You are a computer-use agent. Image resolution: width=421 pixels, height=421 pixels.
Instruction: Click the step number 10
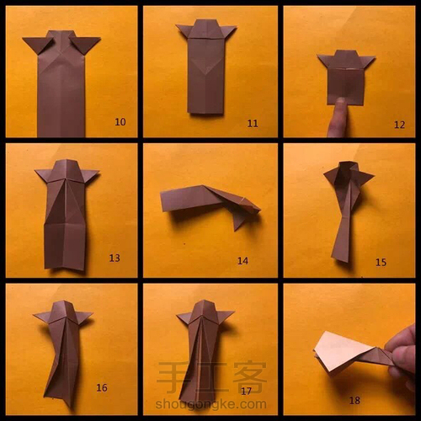(120, 122)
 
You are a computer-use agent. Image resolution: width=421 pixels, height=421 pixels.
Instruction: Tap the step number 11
(253, 124)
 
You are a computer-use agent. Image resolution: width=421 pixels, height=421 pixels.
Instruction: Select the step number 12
(399, 125)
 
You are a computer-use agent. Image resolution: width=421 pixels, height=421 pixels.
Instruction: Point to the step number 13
(115, 258)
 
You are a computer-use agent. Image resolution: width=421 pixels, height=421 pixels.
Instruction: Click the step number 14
(242, 261)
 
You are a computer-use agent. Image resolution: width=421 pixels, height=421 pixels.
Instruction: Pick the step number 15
(381, 263)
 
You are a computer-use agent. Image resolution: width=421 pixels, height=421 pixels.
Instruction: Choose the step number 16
(102, 388)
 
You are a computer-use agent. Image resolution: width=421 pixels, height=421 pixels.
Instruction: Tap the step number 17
(246, 391)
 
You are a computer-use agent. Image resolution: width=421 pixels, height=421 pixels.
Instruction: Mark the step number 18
(354, 401)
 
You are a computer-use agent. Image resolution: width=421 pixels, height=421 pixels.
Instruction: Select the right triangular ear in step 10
(85, 44)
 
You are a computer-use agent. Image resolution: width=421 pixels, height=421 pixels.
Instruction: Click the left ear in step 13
(45, 174)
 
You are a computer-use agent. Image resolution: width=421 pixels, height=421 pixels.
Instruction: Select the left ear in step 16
(43, 317)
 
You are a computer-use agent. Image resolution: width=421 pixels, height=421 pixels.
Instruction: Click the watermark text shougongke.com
(210, 404)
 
